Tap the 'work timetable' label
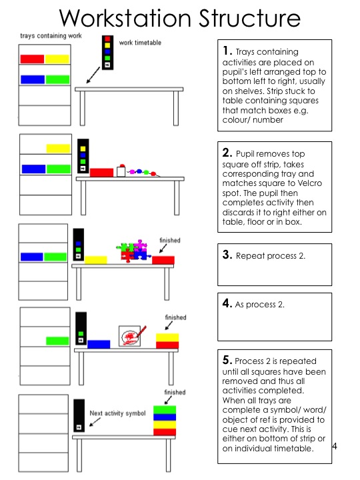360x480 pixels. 140,43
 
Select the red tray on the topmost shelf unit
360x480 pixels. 32,59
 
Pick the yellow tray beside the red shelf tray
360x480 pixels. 57,59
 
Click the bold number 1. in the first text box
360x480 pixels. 227,51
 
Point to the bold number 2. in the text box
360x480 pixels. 227,153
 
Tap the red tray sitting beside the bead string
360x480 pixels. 101,173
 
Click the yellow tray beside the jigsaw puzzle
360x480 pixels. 95,259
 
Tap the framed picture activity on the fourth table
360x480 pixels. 132,336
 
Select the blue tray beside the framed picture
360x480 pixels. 99,344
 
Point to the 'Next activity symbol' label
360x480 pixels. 117,413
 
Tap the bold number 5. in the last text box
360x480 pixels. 227,359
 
